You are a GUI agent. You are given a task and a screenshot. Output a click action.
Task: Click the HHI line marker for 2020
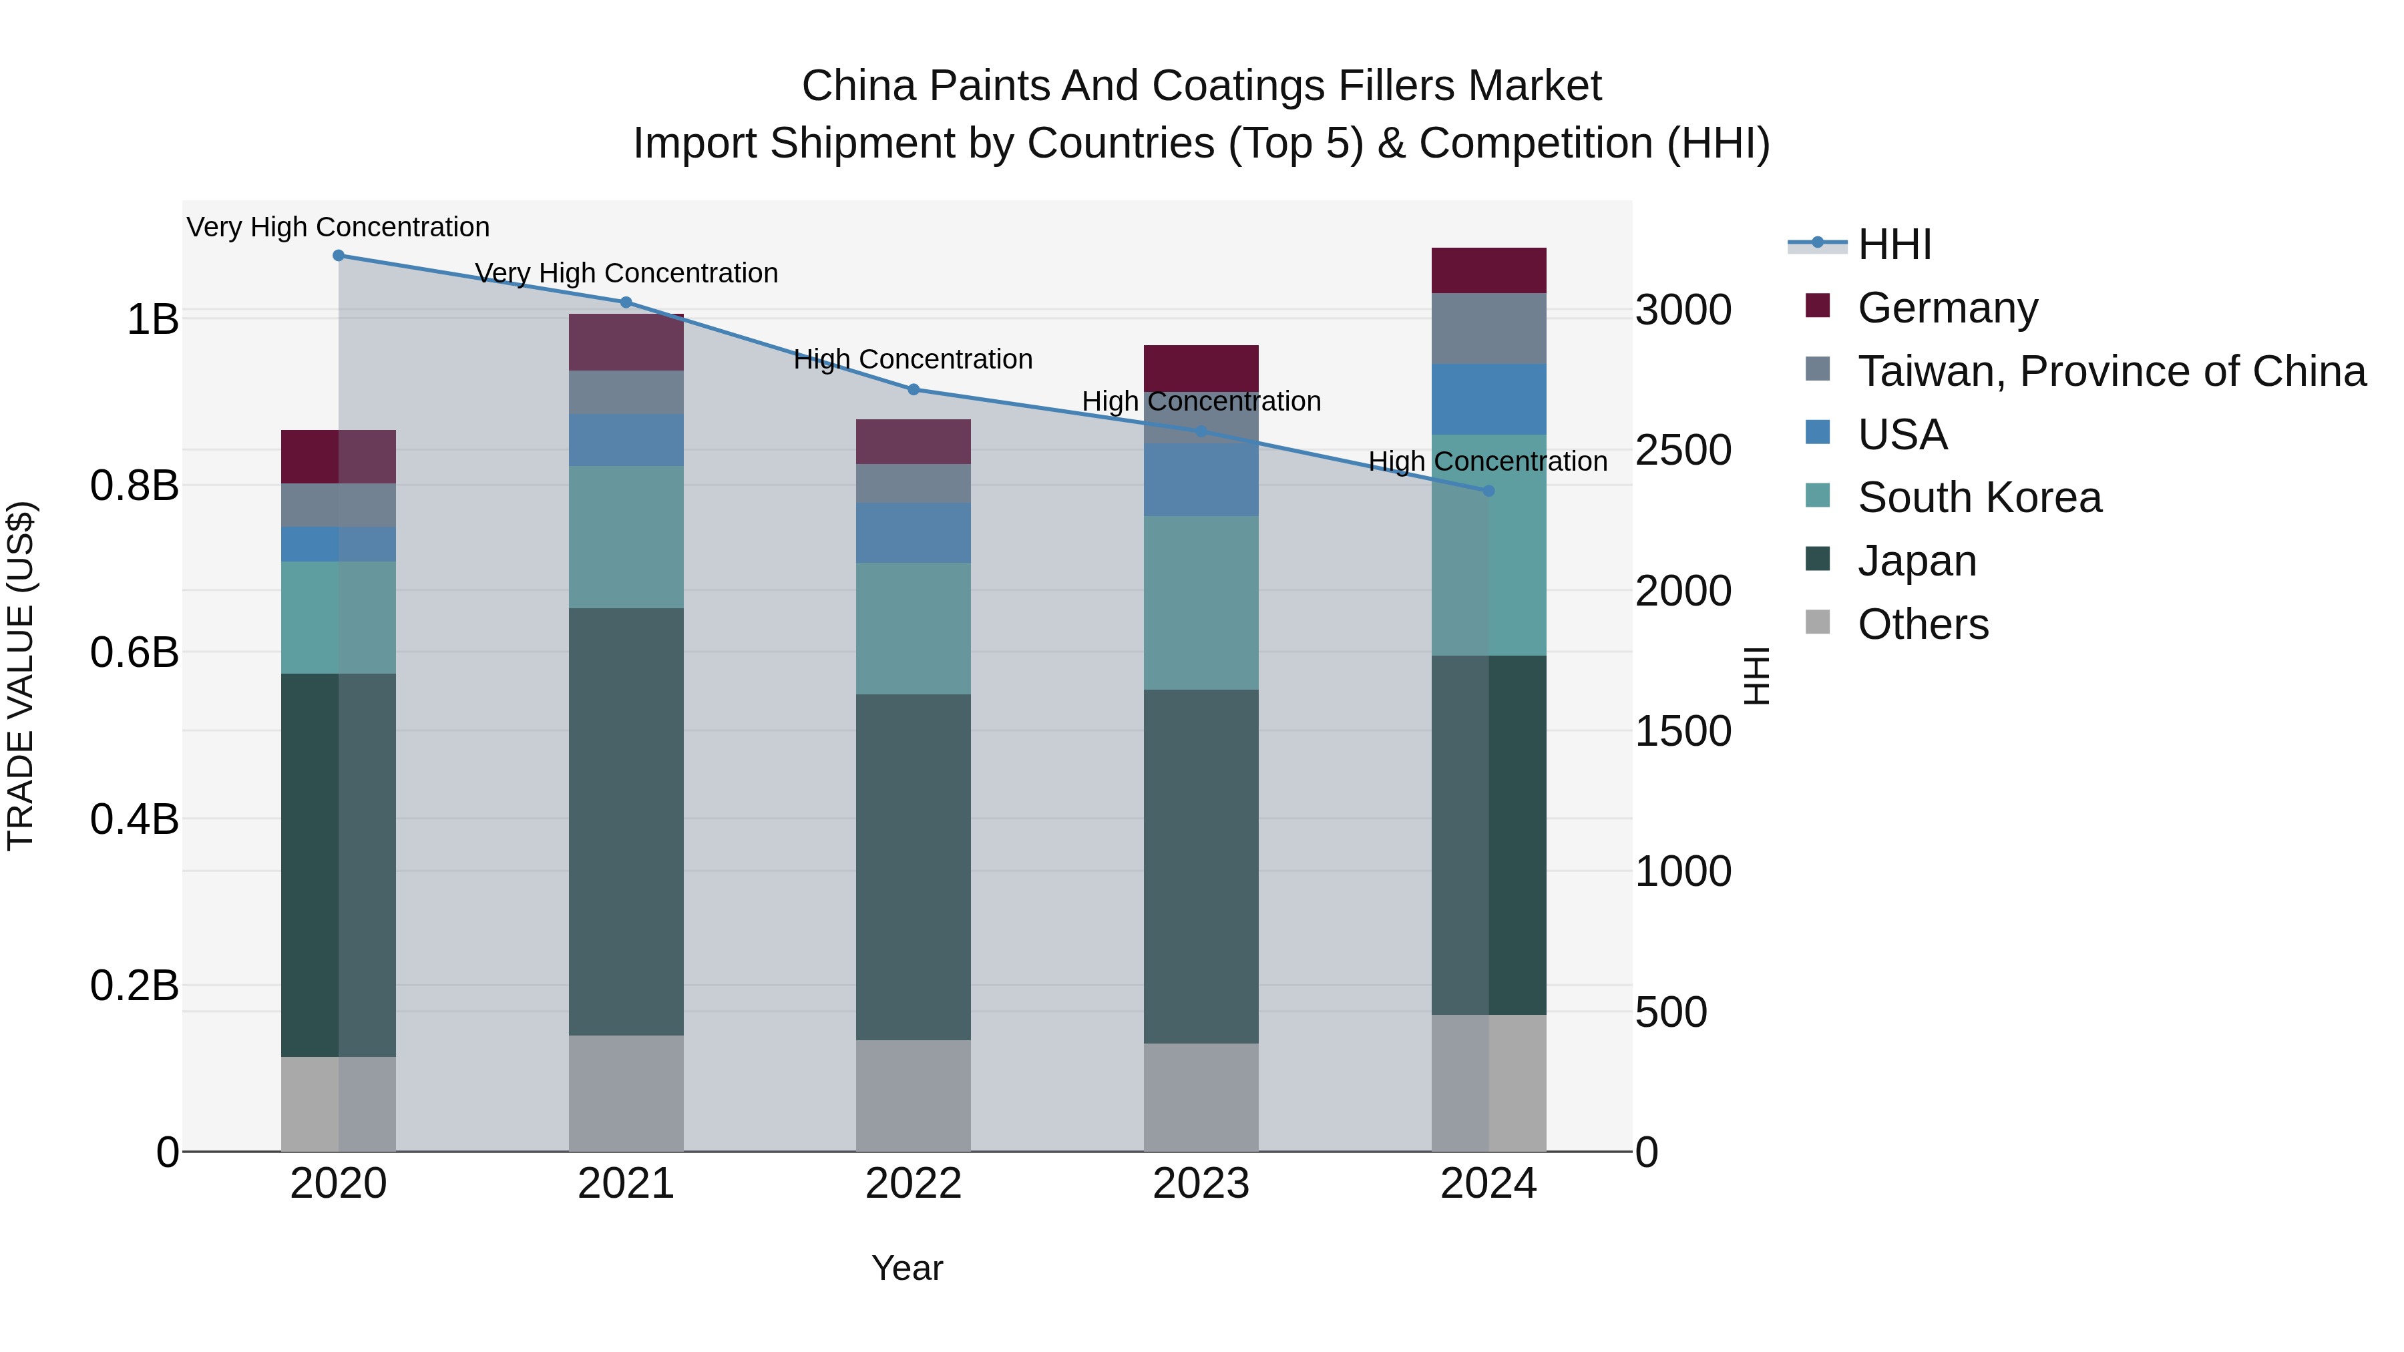click(x=339, y=256)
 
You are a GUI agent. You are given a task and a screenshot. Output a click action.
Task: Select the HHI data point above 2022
click(x=914, y=390)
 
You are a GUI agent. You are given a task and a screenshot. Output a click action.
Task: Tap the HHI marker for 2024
click(x=1488, y=491)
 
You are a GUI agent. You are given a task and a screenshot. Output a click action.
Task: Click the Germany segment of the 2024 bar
click(x=1488, y=270)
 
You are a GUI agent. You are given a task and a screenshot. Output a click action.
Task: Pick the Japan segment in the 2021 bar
click(x=626, y=821)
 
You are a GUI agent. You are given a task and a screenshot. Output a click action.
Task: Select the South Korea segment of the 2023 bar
click(x=1201, y=603)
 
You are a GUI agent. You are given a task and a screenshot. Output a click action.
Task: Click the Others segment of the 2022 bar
click(x=914, y=1096)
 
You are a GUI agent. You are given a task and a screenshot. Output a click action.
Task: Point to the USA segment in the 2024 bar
click(x=1488, y=399)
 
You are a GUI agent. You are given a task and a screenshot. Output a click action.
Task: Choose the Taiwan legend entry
click(x=2111, y=371)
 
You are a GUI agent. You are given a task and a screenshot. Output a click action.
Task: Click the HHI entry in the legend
click(x=1894, y=244)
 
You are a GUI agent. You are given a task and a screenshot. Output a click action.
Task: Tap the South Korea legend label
click(x=1979, y=497)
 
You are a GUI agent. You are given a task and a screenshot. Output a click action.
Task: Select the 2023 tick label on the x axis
click(x=1201, y=1184)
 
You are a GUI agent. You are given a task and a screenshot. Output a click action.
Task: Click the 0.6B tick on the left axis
click(x=134, y=652)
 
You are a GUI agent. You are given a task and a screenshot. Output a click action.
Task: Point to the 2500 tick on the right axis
click(x=1683, y=451)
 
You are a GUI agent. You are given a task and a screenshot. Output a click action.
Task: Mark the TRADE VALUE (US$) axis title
click(x=21, y=676)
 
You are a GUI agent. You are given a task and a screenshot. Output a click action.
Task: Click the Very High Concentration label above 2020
click(x=338, y=227)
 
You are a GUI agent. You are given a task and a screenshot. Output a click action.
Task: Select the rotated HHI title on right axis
click(x=1756, y=676)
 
